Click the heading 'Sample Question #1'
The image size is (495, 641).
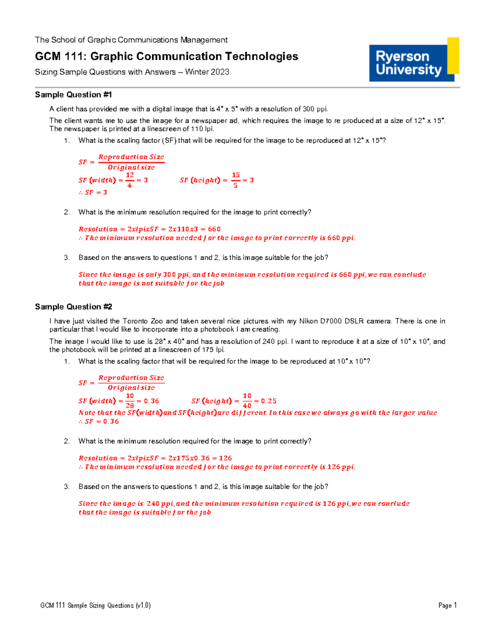click(73, 95)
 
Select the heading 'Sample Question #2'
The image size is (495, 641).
click(73, 307)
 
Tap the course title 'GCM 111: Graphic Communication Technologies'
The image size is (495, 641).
click(166, 56)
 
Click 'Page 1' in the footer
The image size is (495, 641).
click(447, 606)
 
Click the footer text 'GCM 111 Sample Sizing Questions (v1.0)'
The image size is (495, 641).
click(95, 606)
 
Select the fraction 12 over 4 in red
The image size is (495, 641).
click(130, 180)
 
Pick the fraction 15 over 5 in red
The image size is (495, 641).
click(236, 180)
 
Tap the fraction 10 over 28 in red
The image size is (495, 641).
click(130, 401)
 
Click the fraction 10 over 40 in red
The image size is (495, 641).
click(247, 401)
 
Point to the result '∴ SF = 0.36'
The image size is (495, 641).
click(99, 421)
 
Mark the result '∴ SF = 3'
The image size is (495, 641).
click(93, 192)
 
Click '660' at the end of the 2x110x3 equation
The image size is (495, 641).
click(214, 229)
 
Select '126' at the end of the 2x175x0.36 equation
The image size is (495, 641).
click(225, 458)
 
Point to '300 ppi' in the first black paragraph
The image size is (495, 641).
click(315, 109)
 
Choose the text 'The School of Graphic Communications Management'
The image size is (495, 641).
click(131, 40)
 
